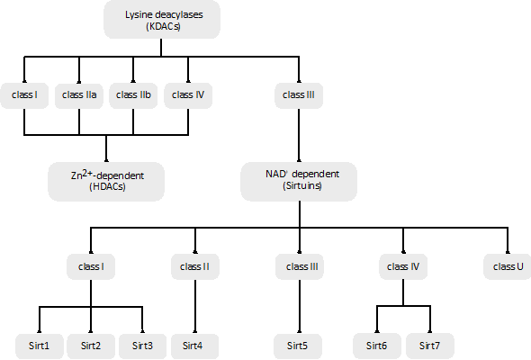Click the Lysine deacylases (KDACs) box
pyautogui.click(x=162, y=20)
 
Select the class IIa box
pyautogui.click(x=79, y=95)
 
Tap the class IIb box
pyautogui.click(x=133, y=95)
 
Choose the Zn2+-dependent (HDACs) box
pyautogui.click(x=106, y=182)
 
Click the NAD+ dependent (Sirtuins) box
pyautogui.click(x=299, y=182)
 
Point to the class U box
pyautogui.click(x=508, y=266)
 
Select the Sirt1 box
pyautogui.click(x=40, y=346)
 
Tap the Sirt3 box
pyautogui.click(x=142, y=346)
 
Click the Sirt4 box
pyautogui.click(x=194, y=346)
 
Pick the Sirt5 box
pyautogui.click(x=298, y=346)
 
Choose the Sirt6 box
pyautogui.click(x=377, y=346)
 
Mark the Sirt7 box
pyautogui.click(x=429, y=346)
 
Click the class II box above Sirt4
pyautogui.click(x=195, y=266)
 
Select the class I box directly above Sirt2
pyautogui.click(x=91, y=266)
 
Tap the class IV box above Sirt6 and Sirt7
pyautogui.click(x=403, y=266)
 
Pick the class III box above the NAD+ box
pyautogui.click(x=299, y=95)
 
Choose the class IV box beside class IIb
pyautogui.click(x=188, y=95)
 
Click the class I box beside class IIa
pyautogui.click(x=24, y=95)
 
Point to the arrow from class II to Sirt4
pyautogui.click(x=195, y=307)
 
